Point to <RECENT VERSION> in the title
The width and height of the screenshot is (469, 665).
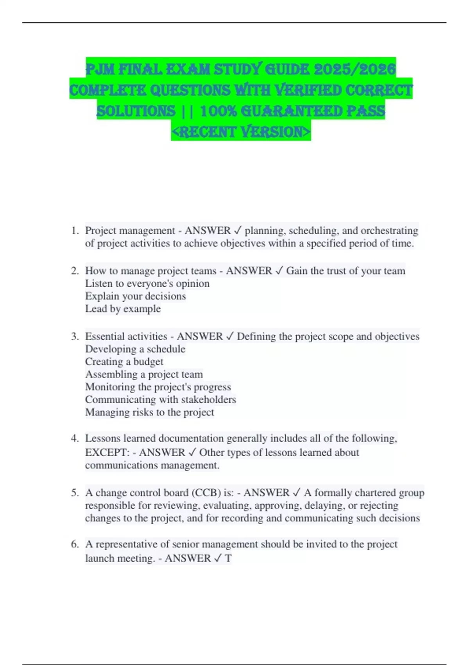[241, 132]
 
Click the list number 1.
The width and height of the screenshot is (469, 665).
[74, 231]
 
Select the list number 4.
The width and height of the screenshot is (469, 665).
[74, 439]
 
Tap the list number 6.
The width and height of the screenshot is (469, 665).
[74, 544]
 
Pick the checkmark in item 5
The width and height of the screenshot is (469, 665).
[296, 492]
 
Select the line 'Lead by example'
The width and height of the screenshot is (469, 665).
[123, 309]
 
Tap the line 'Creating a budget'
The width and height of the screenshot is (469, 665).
[124, 362]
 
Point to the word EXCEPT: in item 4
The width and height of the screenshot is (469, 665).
[107, 453]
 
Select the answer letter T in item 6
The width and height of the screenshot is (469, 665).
[228, 558]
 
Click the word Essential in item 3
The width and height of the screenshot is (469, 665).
[103, 336]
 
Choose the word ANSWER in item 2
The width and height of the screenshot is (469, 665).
[249, 271]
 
